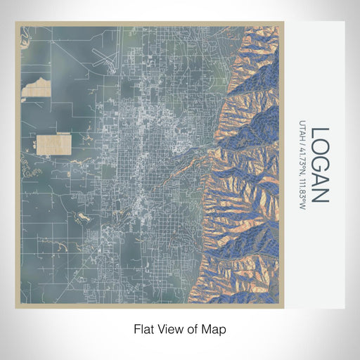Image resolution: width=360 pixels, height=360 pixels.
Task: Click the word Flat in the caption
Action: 143,328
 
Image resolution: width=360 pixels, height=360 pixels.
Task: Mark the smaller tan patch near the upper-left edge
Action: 35,90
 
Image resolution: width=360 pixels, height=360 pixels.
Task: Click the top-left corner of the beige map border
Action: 16,22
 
